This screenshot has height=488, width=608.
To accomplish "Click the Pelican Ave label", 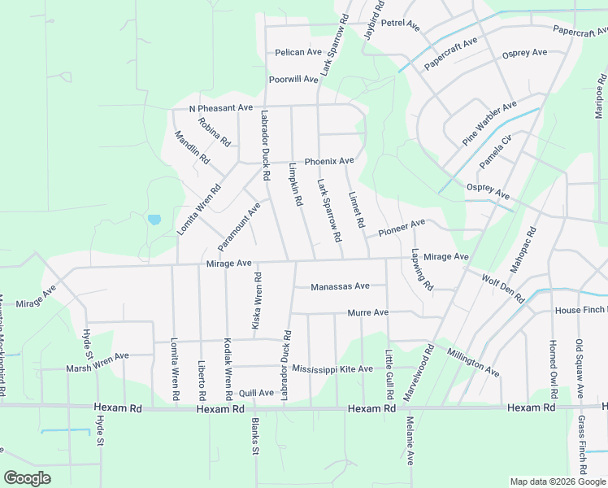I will pos(298,52).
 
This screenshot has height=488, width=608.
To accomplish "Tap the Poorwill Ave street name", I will pos(293,79).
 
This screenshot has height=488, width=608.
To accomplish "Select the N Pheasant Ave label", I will pos(221,108).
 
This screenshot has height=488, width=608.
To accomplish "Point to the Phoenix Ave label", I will pos(329,161).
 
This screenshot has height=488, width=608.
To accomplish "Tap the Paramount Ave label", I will pos(239,227).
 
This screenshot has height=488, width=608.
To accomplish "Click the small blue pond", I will pos(154,220).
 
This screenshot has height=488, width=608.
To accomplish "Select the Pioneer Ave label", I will pos(401,228).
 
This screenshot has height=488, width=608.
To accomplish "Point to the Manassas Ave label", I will pos(340,286).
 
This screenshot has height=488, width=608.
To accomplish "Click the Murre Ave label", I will pos(367,312).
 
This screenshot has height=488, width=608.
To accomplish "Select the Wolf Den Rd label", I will pos(503,288).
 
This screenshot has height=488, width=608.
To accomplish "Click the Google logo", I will pos(27,478).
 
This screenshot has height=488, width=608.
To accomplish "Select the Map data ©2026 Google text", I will pos(558,481).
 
